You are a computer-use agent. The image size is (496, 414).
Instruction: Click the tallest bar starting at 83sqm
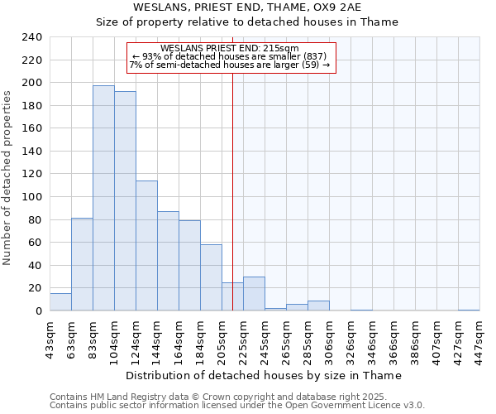103,199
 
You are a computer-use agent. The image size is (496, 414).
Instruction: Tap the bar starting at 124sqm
146,246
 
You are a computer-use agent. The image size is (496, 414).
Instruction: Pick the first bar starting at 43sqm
60,302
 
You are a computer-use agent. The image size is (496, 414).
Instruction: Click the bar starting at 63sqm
82,265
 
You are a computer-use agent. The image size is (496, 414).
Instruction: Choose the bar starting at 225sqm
254,294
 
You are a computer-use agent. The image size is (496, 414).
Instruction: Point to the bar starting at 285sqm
318,306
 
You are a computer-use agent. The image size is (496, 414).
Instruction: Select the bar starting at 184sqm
211,277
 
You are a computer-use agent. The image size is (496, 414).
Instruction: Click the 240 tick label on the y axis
31,37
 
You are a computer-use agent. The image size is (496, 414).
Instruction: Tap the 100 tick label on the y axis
31,197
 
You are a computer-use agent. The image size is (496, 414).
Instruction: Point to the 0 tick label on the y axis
38,311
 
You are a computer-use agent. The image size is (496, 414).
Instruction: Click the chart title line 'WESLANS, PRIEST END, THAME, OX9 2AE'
247,7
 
